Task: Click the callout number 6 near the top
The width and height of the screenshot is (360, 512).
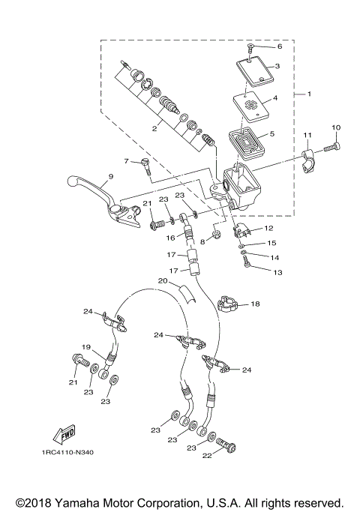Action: pyautogui.click(x=280, y=46)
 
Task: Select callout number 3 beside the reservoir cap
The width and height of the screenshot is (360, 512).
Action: pyautogui.click(x=277, y=66)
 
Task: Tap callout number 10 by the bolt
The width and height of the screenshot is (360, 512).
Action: pyautogui.click(x=336, y=127)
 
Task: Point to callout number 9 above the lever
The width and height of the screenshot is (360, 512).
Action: pyautogui.click(x=109, y=177)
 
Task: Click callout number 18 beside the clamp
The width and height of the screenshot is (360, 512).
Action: pyautogui.click(x=255, y=304)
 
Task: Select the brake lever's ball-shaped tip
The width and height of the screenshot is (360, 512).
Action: pyautogui.click(x=75, y=181)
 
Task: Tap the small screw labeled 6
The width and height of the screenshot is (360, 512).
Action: pyautogui.click(x=252, y=47)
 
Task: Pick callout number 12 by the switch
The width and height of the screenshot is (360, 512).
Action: pyautogui.click(x=268, y=228)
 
